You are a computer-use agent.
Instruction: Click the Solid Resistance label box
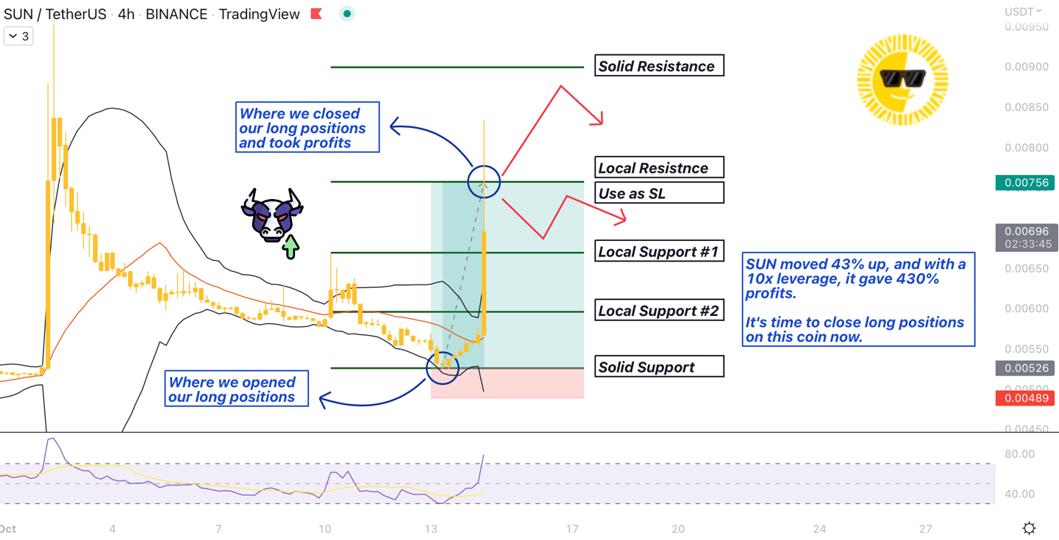(x=659, y=66)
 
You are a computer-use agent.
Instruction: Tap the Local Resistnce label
(x=659, y=168)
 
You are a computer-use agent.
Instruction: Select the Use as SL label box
(x=659, y=193)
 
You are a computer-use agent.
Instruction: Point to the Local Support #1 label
(x=659, y=251)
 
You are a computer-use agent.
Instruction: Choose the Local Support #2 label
(x=659, y=310)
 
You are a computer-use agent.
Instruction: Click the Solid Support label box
(x=659, y=367)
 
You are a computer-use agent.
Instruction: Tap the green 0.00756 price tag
(x=1025, y=182)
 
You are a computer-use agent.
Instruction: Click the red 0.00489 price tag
(x=1025, y=398)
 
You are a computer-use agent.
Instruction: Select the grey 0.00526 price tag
(x=1025, y=367)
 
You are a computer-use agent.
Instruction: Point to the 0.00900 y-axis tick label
(x=1027, y=67)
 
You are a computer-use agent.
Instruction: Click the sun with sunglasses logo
(x=902, y=79)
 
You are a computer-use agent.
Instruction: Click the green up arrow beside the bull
(x=290, y=247)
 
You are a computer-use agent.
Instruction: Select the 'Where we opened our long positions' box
(x=236, y=389)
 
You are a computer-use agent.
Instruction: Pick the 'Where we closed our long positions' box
(x=307, y=128)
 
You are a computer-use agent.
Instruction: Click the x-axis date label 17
(x=572, y=528)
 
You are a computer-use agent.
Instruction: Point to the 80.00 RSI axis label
(x=1019, y=454)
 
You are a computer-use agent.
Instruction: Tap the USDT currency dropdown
(x=1023, y=11)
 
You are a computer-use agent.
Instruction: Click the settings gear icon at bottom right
(x=1029, y=528)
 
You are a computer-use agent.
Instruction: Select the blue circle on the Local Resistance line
(x=484, y=181)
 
